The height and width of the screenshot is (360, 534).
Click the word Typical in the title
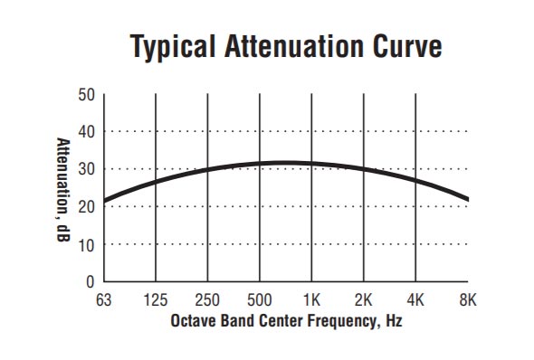click(171, 47)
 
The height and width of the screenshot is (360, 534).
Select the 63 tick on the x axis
click(105, 299)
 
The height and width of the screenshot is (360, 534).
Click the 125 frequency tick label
click(157, 299)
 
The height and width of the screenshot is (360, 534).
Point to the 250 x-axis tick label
click(208, 299)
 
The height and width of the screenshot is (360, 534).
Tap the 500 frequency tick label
click(261, 299)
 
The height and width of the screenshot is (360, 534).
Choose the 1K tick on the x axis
click(312, 299)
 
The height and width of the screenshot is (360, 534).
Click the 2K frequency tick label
click(364, 299)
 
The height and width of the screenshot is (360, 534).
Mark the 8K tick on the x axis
click(467, 299)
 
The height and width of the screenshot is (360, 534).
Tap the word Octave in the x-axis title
click(192, 321)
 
